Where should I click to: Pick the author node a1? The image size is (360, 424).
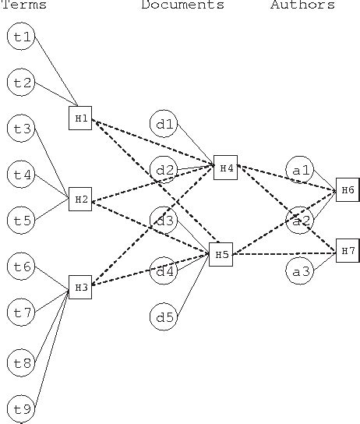[x=300, y=170]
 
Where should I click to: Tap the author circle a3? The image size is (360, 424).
[x=300, y=271]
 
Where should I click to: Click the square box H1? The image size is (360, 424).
[x=80, y=118]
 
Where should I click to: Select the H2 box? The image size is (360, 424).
[x=80, y=200]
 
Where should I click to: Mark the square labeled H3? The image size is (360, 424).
[x=80, y=288]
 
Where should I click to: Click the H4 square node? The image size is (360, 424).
[x=226, y=168]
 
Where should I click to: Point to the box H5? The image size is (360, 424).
[x=221, y=254]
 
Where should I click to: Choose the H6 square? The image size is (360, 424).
[x=348, y=189]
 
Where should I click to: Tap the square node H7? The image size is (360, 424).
[x=348, y=250]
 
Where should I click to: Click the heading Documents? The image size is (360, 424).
[x=182, y=5]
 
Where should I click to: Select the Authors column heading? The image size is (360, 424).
[x=302, y=5]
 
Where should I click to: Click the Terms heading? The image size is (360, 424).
[x=23, y=5]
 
